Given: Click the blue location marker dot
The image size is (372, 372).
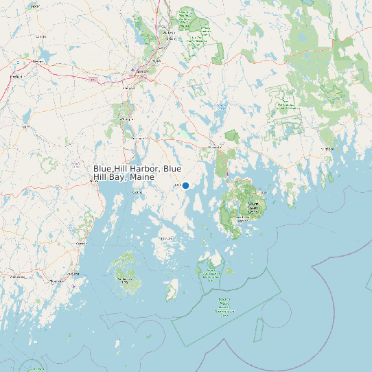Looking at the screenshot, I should click(185, 185).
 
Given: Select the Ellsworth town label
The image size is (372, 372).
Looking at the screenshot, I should click(216, 146).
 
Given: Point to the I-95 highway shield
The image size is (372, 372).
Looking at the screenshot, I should click(92, 80).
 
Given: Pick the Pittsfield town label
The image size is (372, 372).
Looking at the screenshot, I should click(40, 36).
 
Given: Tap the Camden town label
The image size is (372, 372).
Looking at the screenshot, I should click(82, 244).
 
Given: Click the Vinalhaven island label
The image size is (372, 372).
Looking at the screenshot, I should click(126, 279).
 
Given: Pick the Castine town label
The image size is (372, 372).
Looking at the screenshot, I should click(137, 192).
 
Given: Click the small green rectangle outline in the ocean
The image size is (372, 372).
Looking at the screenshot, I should click(259, 331).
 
